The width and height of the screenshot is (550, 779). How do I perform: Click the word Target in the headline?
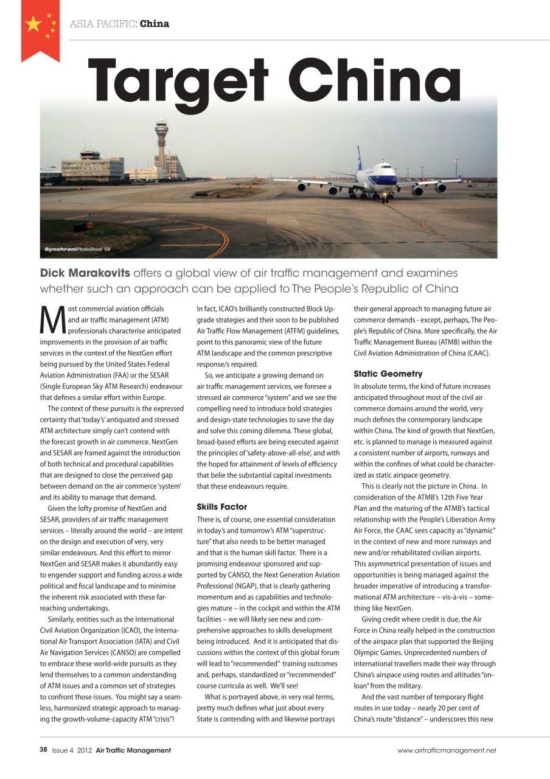[x=176, y=82]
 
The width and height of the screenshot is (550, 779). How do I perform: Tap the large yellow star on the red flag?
[x=33, y=25]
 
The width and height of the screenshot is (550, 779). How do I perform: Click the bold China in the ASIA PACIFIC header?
[x=155, y=24]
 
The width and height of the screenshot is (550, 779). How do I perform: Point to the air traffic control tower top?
[x=161, y=127]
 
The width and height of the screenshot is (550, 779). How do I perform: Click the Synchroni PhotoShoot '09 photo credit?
[x=77, y=250]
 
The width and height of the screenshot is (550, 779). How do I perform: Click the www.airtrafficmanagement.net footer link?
[x=447, y=750]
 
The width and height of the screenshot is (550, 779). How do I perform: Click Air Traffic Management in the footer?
[x=133, y=750]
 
